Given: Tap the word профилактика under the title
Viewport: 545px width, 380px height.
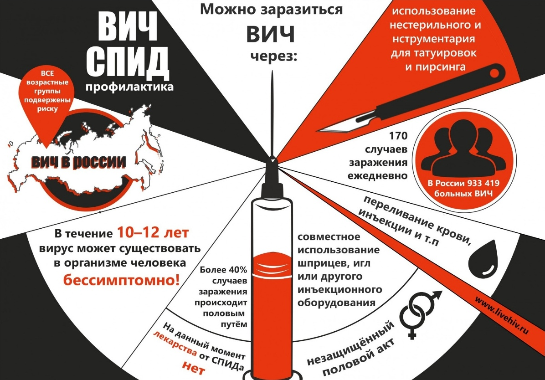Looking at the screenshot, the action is [x=129, y=87].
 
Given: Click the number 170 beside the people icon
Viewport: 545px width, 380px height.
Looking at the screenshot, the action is [x=398, y=135].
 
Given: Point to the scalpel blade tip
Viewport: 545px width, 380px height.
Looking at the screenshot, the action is [x=318, y=131].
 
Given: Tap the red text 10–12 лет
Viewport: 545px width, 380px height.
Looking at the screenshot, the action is [x=153, y=232].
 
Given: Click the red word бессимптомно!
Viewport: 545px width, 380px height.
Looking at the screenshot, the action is [x=121, y=279].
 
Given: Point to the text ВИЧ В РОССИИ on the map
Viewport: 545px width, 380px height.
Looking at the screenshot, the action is [x=78, y=162].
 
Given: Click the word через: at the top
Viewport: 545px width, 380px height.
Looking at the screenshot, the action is [x=274, y=56].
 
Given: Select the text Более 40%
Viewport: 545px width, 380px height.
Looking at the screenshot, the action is [x=223, y=270].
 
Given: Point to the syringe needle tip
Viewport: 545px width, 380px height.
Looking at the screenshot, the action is [x=272, y=71].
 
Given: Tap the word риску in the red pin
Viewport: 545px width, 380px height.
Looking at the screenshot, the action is [x=47, y=109].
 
